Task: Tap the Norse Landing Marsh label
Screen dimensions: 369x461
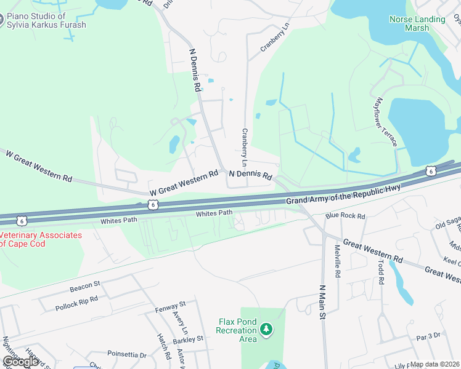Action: click(x=417, y=23)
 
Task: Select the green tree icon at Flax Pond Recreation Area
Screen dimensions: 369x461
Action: click(x=266, y=330)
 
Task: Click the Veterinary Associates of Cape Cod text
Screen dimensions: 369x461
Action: click(x=41, y=239)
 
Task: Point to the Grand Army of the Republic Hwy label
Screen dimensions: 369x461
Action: click(x=343, y=196)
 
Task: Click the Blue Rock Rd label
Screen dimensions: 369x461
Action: click(x=345, y=216)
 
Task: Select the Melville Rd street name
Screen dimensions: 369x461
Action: click(x=338, y=261)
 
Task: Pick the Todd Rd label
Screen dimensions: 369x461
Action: click(x=381, y=271)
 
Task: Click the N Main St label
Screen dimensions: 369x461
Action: click(x=322, y=302)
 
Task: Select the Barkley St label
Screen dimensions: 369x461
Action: click(x=187, y=338)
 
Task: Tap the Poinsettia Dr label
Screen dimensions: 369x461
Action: click(x=127, y=355)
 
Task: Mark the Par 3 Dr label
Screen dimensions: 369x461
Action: click(x=428, y=336)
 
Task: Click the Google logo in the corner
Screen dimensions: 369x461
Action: click(x=20, y=362)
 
